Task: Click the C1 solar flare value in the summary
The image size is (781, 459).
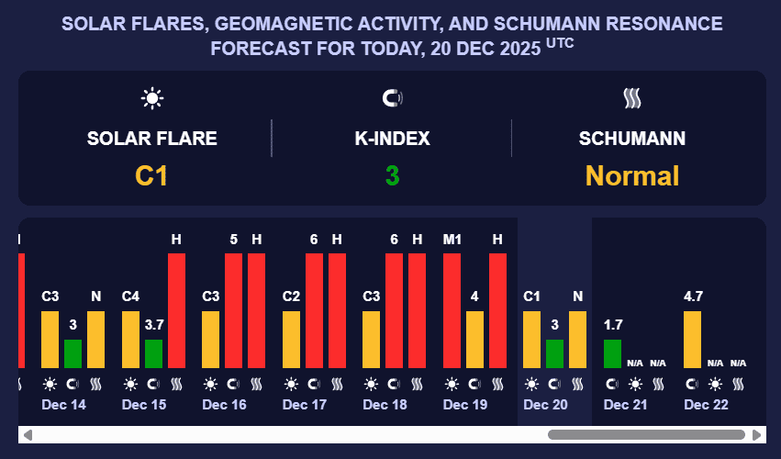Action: click(x=151, y=175)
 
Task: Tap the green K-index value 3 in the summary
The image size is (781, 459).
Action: click(x=392, y=175)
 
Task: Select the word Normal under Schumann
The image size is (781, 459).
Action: click(x=632, y=175)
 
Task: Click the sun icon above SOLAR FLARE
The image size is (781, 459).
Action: click(x=151, y=97)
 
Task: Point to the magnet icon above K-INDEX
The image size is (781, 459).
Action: click(x=392, y=97)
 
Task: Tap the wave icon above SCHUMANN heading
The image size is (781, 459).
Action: click(x=631, y=97)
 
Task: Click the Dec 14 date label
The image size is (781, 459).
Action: click(x=63, y=404)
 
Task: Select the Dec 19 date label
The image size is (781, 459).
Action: click(x=464, y=404)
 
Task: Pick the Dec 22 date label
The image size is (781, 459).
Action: click(x=706, y=404)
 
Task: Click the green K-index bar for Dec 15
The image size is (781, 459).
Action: click(x=153, y=353)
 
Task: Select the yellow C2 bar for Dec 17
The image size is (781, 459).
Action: click(x=291, y=340)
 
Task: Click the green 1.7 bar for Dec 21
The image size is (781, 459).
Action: click(x=612, y=353)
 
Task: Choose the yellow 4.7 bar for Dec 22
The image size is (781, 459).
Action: click(x=692, y=340)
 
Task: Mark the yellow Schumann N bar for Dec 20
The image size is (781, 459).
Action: click(x=577, y=340)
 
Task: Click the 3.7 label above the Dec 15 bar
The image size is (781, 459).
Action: click(x=153, y=324)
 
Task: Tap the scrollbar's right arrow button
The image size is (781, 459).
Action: click(x=757, y=434)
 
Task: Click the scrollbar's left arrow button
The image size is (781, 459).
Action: click(x=28, y=434)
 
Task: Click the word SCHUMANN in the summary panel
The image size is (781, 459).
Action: click(x=632, y=139)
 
